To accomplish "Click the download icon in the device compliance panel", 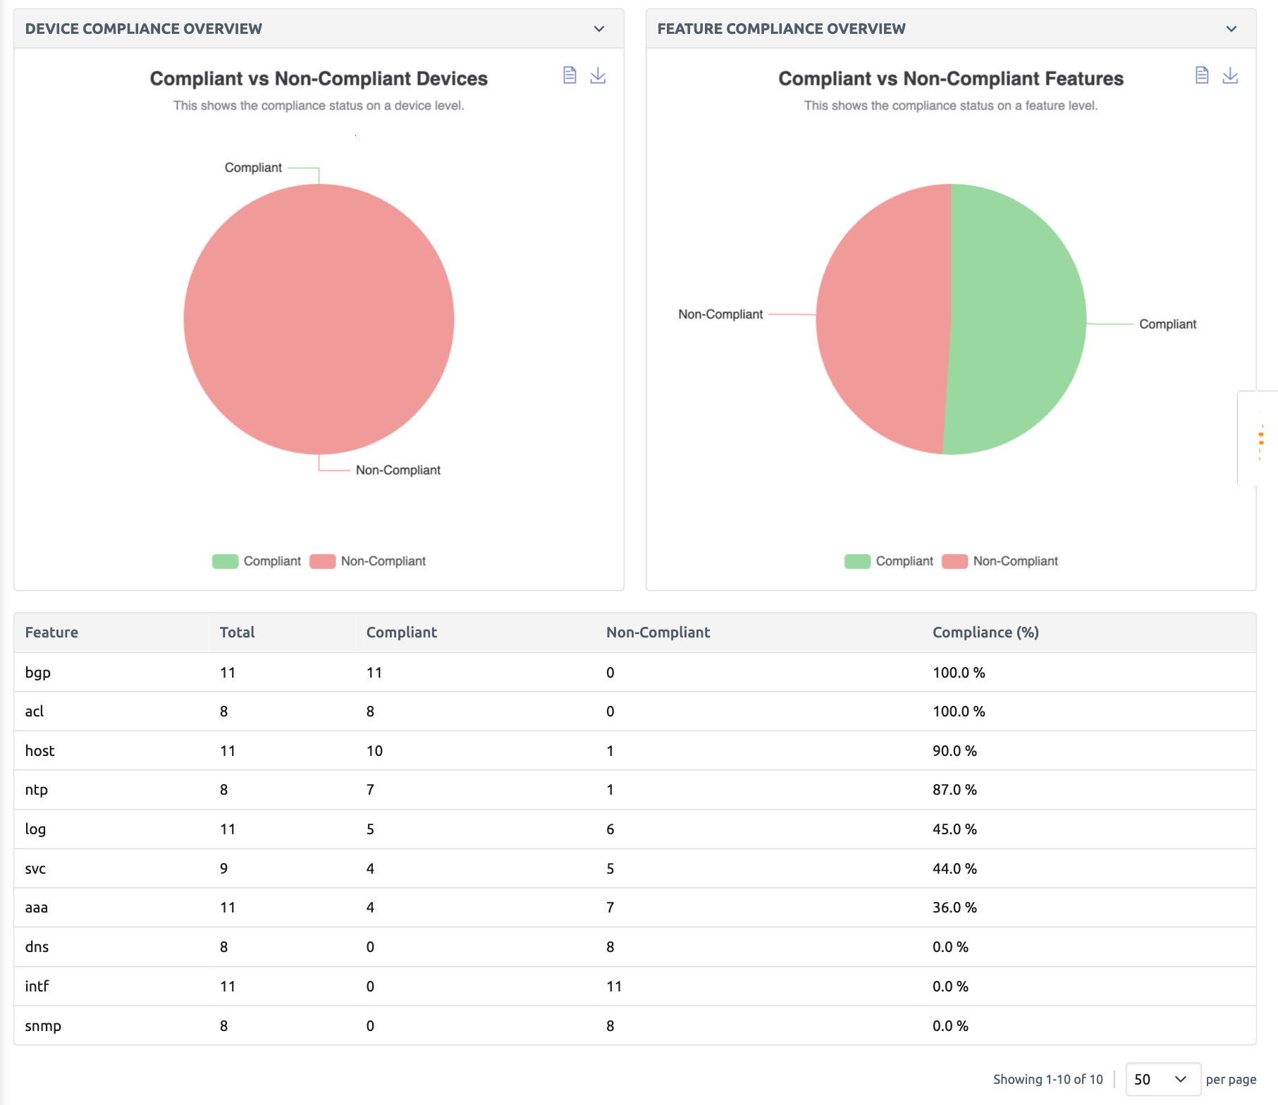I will click(598, 75).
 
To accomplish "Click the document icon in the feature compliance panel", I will click(1202, 75).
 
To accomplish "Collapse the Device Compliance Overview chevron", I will click(599, 29).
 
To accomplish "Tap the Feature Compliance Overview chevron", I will click(1231, 29).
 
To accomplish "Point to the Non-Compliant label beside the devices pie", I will click(398, 470).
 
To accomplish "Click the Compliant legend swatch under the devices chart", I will click(225, 561).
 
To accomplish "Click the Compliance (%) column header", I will click(985, 633).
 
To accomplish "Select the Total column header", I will click(237, 633).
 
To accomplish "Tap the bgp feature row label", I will click(38, 673).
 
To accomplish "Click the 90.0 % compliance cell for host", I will click(954, 751).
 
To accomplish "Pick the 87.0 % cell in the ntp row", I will click(954, 790).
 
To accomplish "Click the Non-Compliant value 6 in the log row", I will click(610, 829).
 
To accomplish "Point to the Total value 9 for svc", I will click(223, 869).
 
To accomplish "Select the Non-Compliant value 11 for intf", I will click(614, 987).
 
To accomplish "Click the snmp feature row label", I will click(43, 1026).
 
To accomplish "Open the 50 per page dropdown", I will click(1162, 1079).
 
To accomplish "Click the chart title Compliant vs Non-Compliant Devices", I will click(319, 78).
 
